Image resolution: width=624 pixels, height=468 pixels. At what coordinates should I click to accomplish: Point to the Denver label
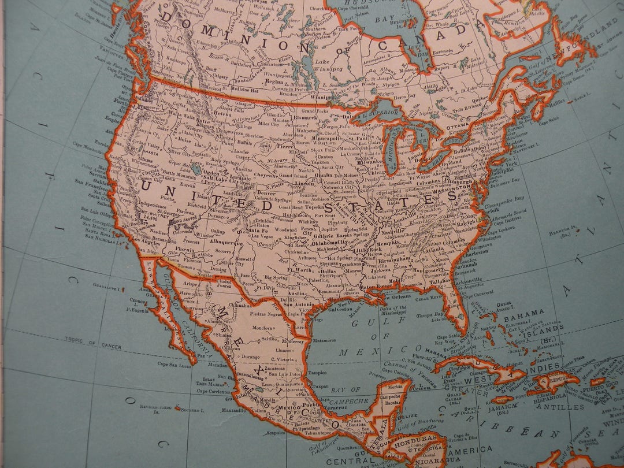[x=267, y=194]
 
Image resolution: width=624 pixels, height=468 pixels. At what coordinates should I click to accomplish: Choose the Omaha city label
[x=324, y=175]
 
